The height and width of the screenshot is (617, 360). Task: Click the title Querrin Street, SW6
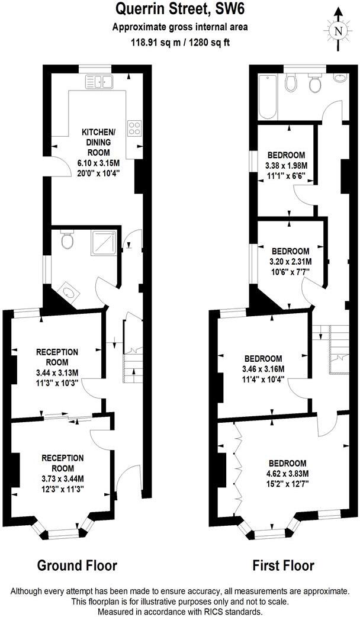180,10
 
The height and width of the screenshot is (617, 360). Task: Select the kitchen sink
99,81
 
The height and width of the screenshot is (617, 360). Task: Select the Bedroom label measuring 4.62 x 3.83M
287,463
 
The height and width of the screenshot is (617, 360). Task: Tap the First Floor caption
283,565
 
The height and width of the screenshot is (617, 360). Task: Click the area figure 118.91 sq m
156,42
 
